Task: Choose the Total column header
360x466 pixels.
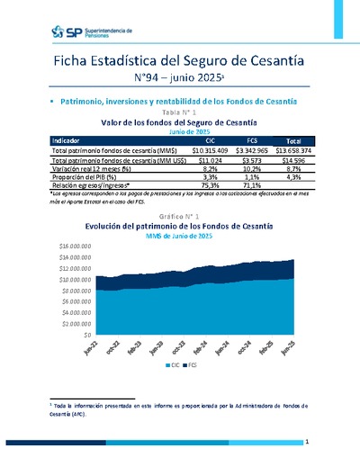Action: (x=293, y=141)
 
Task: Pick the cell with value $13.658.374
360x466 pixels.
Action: (x=293, y=150)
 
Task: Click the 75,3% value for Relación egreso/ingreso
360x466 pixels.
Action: (x=211, y=186)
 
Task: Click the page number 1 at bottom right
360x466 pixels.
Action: (x=307, y=443)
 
